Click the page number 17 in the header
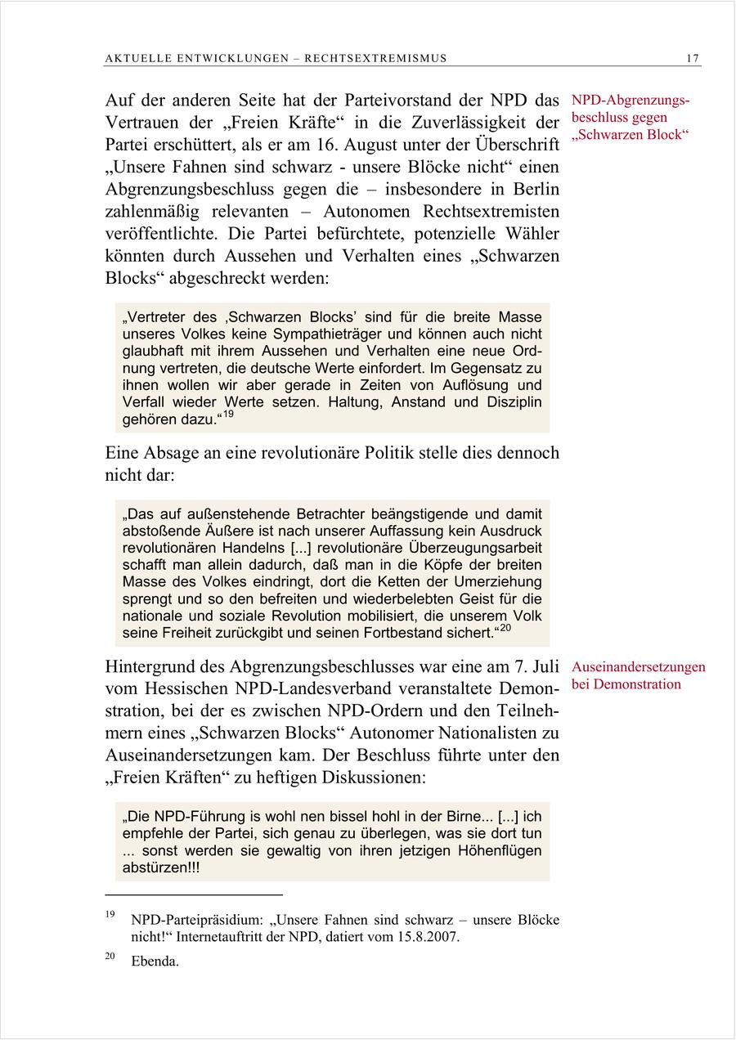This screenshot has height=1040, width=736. click(x=693, y=58)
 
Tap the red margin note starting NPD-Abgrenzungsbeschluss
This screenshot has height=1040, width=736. click(x=631, y=118)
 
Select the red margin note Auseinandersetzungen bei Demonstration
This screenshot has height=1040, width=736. click(x=639, y=675)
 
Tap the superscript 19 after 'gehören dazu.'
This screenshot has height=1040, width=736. click(x=228, y=415)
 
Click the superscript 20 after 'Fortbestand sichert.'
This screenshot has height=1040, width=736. click(x=505, y=628)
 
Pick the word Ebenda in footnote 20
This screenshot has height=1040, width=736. click(x=155, y=962)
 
